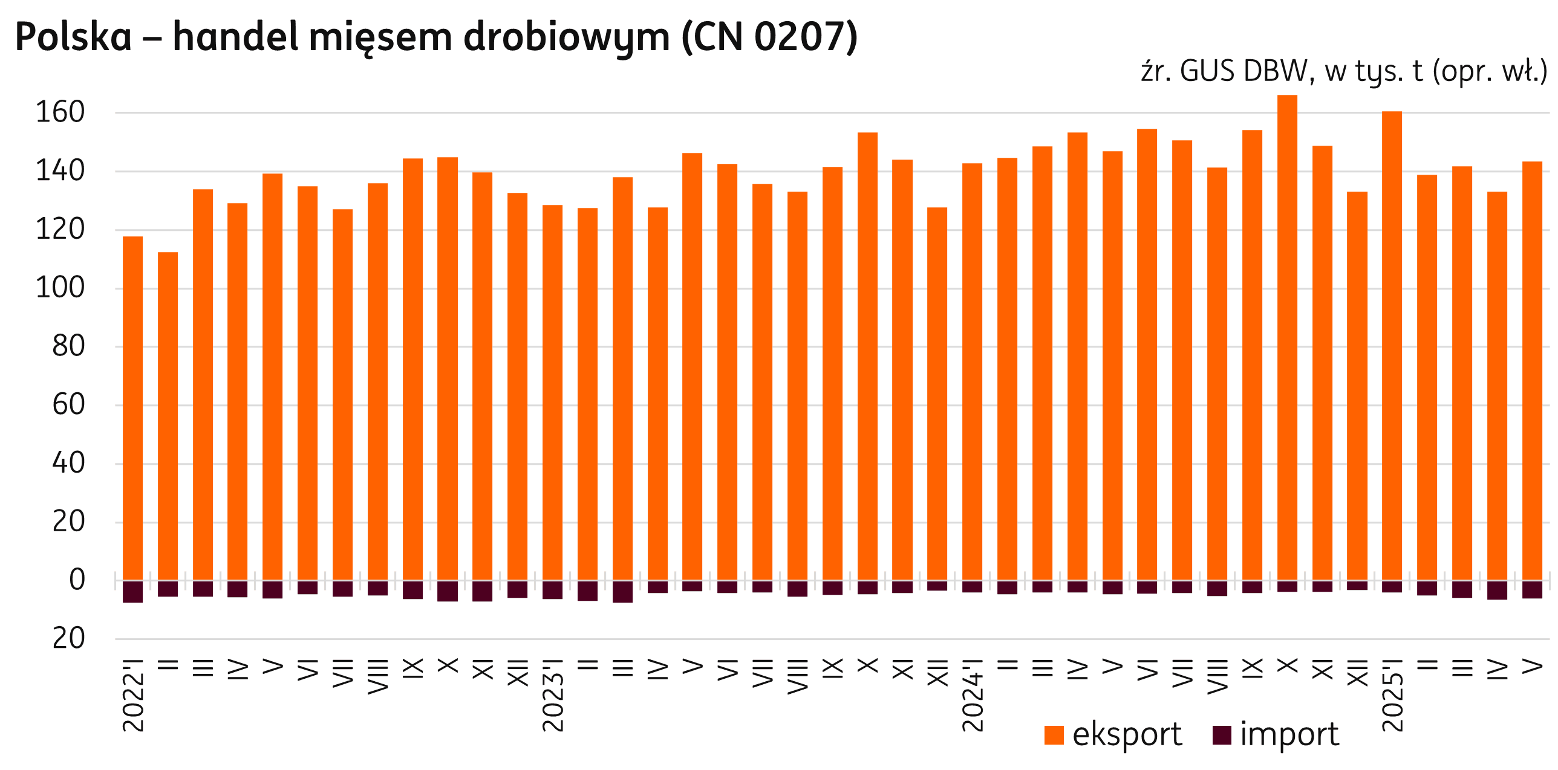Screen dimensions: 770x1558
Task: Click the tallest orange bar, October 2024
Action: click(x=1287, y=338)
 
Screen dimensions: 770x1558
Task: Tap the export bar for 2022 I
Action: click(x=133, y=409)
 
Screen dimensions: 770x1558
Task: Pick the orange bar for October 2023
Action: click(x=867, y=357)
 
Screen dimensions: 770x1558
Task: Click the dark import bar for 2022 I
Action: click(x=133, y=592)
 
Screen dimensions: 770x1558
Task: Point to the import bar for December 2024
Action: click(x=1357, y=586)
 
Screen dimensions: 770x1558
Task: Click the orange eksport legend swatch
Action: click(x=1054, y=736)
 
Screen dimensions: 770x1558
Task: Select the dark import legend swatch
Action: click(x=1222, y=735)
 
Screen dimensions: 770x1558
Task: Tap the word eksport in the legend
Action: click(x=1127, y=736)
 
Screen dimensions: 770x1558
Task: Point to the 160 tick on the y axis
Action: click(x=60, y=113)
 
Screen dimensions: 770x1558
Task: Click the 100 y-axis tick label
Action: click(x=60, y=288)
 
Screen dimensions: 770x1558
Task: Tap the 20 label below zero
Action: click(x=68, y=639)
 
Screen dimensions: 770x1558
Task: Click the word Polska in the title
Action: click(x=73, y=37)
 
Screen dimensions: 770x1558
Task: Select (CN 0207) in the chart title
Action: click(x=769, y=37)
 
